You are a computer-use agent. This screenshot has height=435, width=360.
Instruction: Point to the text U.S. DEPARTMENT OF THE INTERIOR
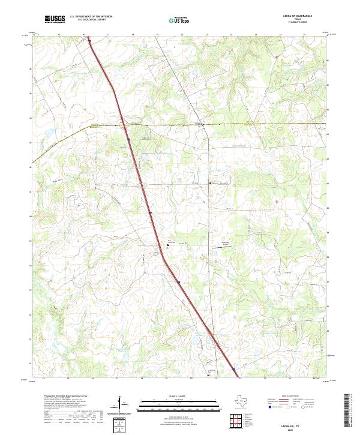point(91,17)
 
